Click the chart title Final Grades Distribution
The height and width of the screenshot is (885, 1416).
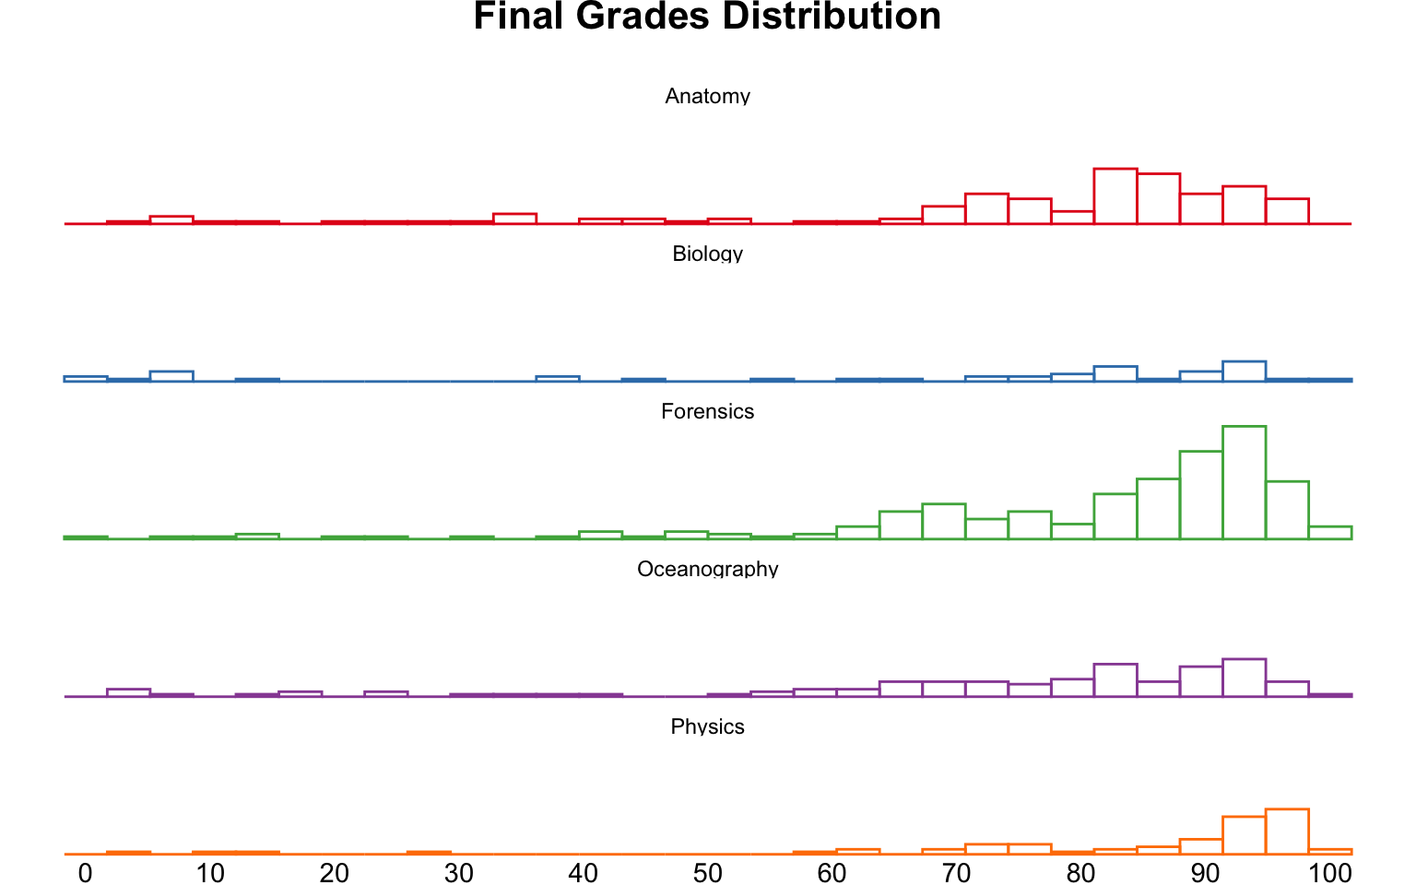click(707, 17)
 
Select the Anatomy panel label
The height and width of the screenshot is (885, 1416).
click(707, 96)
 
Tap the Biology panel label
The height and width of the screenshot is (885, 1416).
click(707, 254)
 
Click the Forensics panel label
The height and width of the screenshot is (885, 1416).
click(707, 411)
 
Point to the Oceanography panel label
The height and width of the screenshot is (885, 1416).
click(707, 569)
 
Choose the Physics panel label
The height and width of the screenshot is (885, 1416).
click(707, 726)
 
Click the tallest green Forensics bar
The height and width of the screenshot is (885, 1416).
click(1244, 482)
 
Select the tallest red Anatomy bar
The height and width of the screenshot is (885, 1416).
click(1115, 196)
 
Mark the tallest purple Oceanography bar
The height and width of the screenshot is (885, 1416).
click(1244, 678)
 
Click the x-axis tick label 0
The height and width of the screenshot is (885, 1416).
click(85, 872)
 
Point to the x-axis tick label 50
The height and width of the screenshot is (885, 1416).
click(707, 872)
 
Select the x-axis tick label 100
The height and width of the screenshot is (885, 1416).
click(1330, 872)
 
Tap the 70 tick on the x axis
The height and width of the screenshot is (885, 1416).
click(956, 872)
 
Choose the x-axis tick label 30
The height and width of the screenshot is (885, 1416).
click(458, 872)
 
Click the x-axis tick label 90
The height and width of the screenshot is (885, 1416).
click(1205, 872)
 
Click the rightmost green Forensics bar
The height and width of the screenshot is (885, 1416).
click(1329, 533)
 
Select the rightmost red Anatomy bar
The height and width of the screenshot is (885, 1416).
click(1287, 211)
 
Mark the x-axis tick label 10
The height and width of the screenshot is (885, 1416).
click(209, 872)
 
